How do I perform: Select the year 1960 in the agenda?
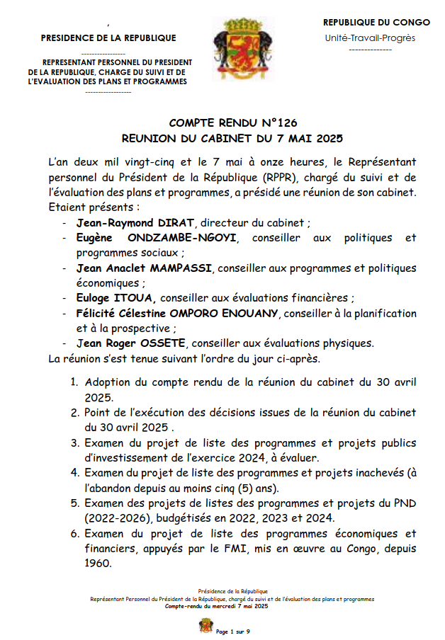(98, 564)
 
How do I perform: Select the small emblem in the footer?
(205, 628)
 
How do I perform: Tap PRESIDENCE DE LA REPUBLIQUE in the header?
(108, 38)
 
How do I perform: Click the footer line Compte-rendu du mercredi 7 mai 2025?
(217, 607)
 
